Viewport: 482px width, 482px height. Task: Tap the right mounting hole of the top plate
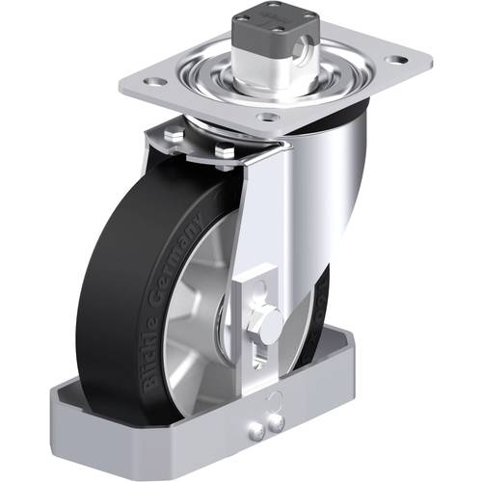pyautogui.click(x=394, y=61)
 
